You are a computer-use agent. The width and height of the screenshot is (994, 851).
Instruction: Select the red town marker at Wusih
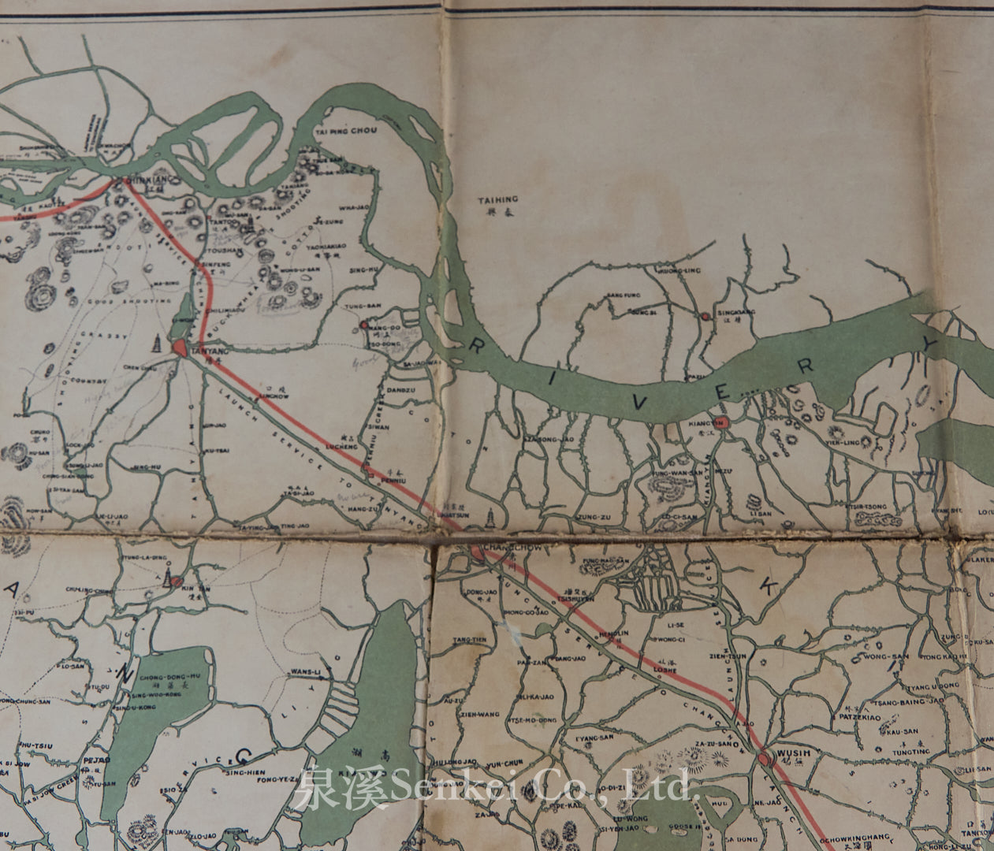click(x=764, y=759)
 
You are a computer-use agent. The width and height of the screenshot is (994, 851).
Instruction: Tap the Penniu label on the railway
click(x=394, y=478)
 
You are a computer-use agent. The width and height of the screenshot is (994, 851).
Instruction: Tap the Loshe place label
click(x=667, y=669)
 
